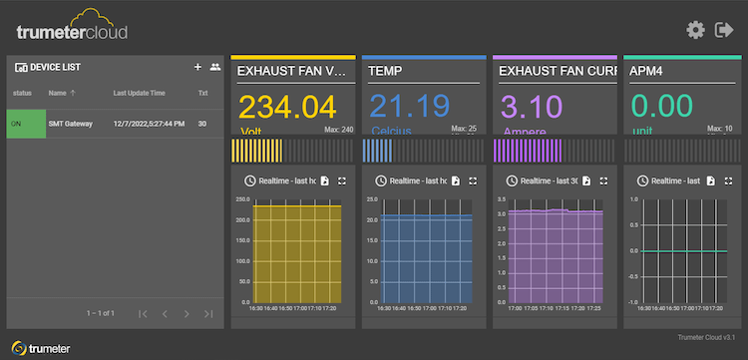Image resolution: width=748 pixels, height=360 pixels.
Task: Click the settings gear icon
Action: point(696,30)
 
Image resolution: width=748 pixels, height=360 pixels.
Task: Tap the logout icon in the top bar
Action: point(725,30)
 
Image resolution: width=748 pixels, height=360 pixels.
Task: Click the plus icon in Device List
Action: point(197,67)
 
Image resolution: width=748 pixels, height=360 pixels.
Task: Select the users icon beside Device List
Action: point(214,67)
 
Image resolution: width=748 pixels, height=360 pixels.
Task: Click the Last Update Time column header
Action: point(139,93)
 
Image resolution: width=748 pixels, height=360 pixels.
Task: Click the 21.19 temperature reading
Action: point(409,107)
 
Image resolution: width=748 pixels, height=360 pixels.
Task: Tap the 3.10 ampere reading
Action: point(525,107)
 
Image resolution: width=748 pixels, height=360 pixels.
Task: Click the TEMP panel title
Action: point(388,72)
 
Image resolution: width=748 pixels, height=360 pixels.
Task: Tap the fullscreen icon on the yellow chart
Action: point(342,180)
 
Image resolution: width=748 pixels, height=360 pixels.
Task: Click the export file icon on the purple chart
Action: point(587,180)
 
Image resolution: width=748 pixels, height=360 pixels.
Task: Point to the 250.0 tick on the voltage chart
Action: point(242,199)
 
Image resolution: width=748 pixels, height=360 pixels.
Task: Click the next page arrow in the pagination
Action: point(187,314)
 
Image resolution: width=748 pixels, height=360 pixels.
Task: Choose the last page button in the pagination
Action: point(208,314)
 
